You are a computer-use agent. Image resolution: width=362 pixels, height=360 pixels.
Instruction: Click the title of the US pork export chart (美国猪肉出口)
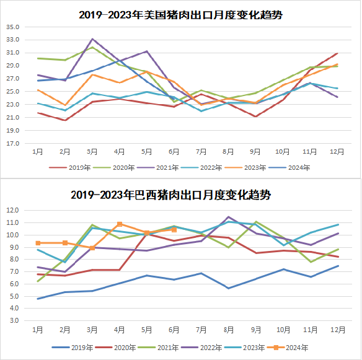[x=180, y=14]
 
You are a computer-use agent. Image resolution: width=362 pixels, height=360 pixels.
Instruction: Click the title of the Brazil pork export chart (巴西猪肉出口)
[x=180, y=195]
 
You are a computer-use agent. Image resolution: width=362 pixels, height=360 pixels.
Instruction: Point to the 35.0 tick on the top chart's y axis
[x=12, y=27]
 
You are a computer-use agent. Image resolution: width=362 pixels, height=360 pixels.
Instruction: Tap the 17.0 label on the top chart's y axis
[x=12, y=143]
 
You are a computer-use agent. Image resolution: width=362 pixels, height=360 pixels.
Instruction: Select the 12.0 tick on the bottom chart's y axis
[x=14, y=211]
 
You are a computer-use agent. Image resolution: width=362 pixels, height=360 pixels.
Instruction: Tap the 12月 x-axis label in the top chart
[x=334, y=152]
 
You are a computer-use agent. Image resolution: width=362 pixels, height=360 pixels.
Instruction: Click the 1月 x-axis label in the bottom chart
[x=38, y=329]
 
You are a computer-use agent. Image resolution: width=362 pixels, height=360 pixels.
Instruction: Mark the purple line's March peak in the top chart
[x=92, y=39]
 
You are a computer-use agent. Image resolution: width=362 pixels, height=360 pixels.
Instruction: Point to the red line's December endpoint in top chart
[x=337, y=53]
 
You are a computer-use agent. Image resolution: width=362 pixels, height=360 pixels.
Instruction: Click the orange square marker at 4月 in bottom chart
[x=120, y=224]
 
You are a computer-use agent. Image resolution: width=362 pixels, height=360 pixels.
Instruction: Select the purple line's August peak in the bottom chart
[x=228, y=217]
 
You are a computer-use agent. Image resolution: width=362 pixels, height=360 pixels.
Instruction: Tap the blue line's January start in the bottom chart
[x=38, y=299]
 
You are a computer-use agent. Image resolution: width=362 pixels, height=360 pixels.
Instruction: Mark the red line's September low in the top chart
[x=255, y=116]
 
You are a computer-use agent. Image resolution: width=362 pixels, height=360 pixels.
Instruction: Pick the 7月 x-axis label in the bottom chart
[x=200, y=329]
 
